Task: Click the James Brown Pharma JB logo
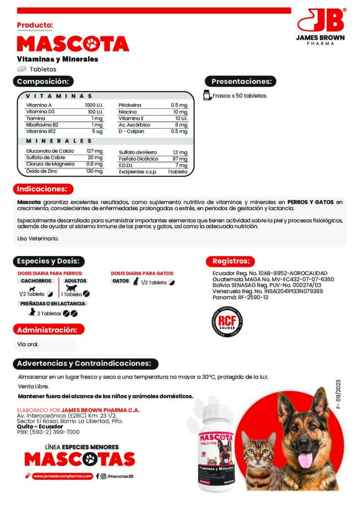pyautogui.click(x=321, y=22)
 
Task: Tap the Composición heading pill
pyautogui.click(x=44, y=82)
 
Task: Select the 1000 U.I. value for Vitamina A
pyautogui.click(x=93, y=105)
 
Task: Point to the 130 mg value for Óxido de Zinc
pyautogui.click(x=94, y=171)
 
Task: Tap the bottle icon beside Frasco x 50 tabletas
pyautogui.click(x=207, y=95)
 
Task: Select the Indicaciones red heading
pyautogui.click(x=43, y=189)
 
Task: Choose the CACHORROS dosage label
pyautogui.click(x=36, y=281)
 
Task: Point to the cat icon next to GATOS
pyautogui.click(x=135, y=282)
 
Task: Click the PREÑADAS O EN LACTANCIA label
pyautogui.click(x=53, y=303)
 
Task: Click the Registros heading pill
pyautogui.click(x=231, y=261)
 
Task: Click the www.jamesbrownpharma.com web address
pyautogui.click(x=64, y=476)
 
